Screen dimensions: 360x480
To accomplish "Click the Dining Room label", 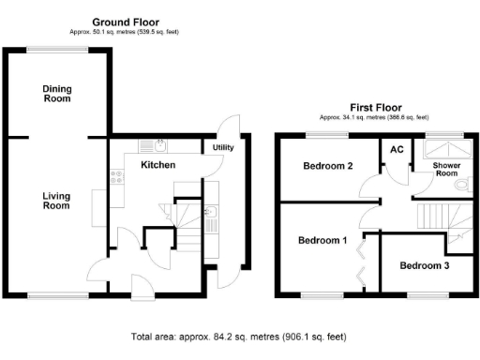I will click(x=57, y=94).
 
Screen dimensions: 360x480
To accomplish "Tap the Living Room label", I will click(x=57, y=201).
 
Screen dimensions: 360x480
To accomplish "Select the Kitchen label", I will click(x=156, y=165).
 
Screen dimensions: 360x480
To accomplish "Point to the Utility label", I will click(x=223, y=148).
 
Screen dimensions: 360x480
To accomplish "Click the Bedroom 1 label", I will click(x=322, y=240).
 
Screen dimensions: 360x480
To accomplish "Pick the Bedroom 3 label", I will click(x=425, y=265).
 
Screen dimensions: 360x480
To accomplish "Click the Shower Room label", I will click(x=445, y=169).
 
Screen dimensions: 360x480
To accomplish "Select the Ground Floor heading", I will click(x=126, y=22).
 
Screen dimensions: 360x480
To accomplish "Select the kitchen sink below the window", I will click(x=160, y=146).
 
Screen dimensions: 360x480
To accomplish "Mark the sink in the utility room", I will click(x=213, y=222).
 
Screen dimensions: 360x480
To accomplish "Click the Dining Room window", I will click(x=57, y=48).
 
